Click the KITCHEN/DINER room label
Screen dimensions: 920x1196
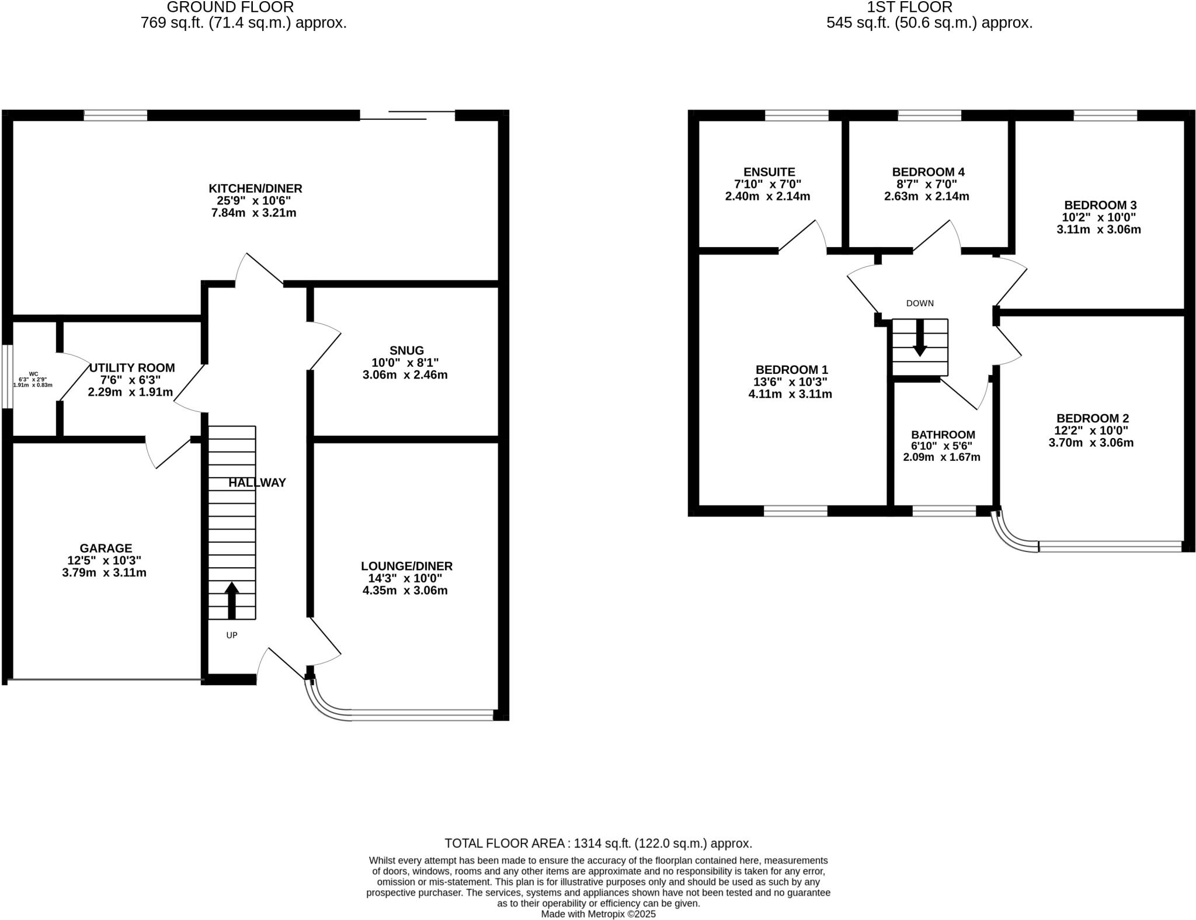pyautogui.click(x=255, y=188)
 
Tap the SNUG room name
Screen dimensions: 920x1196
pyautogui.click(x=406, y=350)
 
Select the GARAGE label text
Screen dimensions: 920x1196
pyautogui.click(x=106, y=548)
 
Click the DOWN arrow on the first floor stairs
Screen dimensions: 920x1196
pyautogui.click(x=920, y=339)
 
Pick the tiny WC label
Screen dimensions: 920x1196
pyautogui.click(x=33, y=374)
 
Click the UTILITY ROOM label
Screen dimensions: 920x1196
pyautogui.click(x=132, y=367)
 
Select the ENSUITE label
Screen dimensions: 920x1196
pyautogui.click(x=769, y=172)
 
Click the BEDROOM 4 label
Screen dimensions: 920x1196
pyautogui.click(x=928, y=172)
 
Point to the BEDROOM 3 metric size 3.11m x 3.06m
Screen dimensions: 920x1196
pyautogui.click(x=1098, y=230)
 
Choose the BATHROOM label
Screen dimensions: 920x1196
pyautogui.click(x=943, y=435)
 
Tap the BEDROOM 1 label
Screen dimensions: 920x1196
pyautogui.click(x=791, y=369)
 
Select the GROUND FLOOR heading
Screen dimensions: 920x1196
pyautogui.click(x=230, y=8)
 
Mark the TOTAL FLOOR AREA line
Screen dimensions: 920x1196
pyautogui.click(x=598, y=843)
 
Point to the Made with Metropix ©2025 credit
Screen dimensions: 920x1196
pyautogui.click(x=598, y=914)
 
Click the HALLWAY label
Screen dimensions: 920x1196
pyautogui.click(x=257, y=482)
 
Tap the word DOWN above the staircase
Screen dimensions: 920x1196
pyautogui.click(x=920, y=303)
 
